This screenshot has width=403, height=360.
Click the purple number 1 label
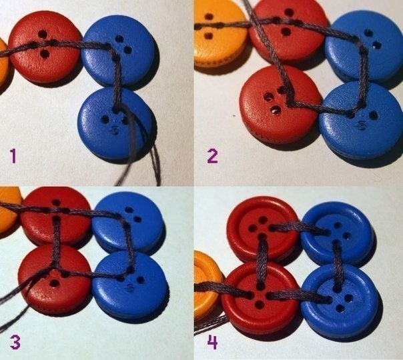[13, 156]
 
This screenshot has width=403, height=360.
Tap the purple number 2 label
[212, 156]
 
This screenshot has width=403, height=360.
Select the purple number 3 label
[15, 343]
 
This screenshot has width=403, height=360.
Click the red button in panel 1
[45, 47]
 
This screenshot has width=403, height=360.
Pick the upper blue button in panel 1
[119, 50]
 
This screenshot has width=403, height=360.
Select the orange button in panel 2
[220, 33]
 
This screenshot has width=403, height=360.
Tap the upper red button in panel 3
[55, 216]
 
